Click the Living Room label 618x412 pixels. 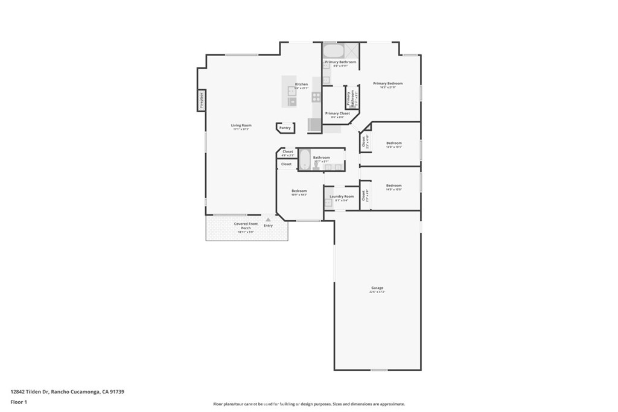(x=240, y=125)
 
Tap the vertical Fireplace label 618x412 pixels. (x=202, y=100)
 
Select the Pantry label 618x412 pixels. (x=285, y=128)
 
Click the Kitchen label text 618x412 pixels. (x=301, y=84)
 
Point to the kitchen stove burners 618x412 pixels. (x=316, y=97)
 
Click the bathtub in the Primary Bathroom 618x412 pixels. (x=333, y=50)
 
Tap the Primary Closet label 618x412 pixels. (x=337, y=113)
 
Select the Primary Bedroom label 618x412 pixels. (x=387, y=84)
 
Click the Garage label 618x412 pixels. (x=377, y=288)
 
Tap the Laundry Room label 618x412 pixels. (x=342, y=197)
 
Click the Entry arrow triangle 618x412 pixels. (x=268, y=220)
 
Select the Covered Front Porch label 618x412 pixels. (x=246, y=226)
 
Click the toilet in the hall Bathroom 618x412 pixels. (x=316, y=165)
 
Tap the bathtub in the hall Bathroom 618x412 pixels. (x=305, y=160)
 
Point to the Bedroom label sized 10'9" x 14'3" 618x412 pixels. (x=299, y=191)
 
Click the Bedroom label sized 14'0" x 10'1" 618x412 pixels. (x=394, y=143)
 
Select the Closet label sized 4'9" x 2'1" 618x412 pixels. (x=288, y=151)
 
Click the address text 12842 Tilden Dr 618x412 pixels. (x=36, y=391)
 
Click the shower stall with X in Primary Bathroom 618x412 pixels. (x=352, y=50)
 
